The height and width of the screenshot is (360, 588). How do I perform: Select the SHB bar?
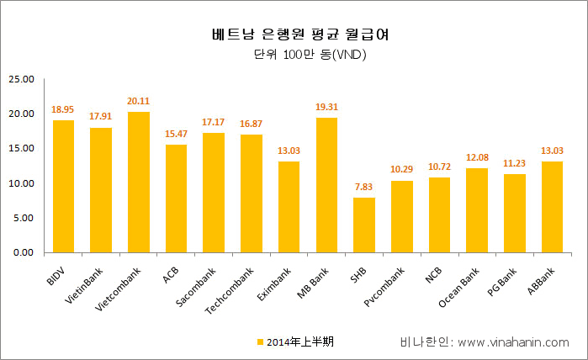(x=364, y=225)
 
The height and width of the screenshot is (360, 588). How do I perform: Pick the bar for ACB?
(x=176, y=199)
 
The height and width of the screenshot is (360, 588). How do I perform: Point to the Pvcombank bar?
(x=402, y=216)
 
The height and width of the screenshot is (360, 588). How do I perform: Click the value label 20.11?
(x=138, y=103)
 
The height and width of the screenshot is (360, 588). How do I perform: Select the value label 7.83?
(x=364, y=188)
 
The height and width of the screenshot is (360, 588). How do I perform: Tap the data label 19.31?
(x=326, y=109)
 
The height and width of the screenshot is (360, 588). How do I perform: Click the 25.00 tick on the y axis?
(x=20, y=79)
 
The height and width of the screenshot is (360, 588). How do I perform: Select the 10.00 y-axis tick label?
(x=20, y=183)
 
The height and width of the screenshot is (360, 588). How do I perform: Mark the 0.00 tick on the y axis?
(x=23, y=252)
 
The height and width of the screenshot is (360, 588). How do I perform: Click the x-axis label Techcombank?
(x=230, y=291)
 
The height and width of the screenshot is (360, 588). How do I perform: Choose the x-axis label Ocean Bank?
(x=459, y=288)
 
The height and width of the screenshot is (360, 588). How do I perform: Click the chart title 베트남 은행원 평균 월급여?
(x=293, y=35)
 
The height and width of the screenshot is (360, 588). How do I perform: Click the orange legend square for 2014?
(x=260, y=342)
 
